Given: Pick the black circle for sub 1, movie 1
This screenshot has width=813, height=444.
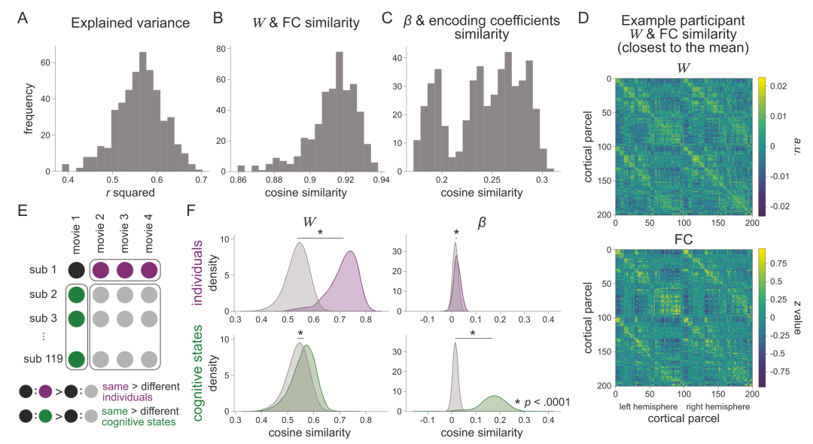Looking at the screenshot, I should tap(76, 269).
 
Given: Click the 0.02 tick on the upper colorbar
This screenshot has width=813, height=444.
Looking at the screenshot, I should tap(779, 88).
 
